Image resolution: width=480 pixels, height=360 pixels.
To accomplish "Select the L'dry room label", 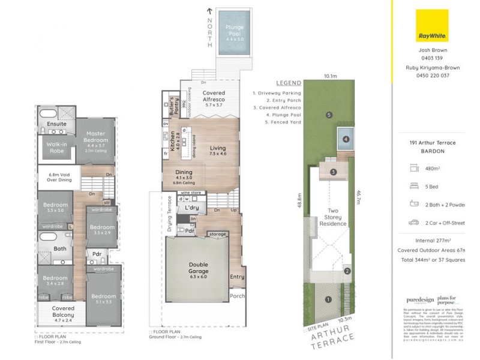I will point(192,208).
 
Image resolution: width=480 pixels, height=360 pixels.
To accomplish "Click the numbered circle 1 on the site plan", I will point(328,299).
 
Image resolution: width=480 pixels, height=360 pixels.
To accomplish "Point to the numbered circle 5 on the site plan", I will point(329,115).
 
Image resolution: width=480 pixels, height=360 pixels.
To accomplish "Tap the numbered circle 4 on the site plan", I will point(346,139).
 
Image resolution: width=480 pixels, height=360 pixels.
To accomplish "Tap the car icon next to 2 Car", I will point(413,223).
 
